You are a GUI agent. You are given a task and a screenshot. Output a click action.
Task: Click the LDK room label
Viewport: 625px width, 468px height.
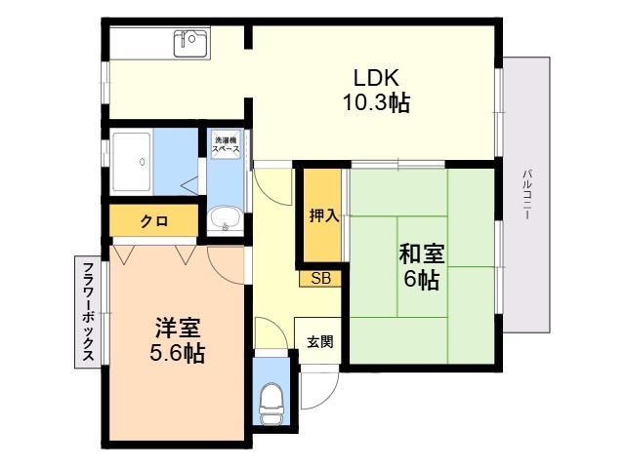376,78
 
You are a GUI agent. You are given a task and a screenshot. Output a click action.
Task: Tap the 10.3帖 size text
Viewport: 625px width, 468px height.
376,103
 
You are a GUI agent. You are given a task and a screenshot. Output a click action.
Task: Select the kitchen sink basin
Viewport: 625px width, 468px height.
191,43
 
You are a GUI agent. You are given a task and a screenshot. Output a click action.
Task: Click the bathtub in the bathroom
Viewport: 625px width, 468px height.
132,162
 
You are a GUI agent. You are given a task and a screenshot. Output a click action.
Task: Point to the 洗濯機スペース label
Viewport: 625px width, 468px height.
226,145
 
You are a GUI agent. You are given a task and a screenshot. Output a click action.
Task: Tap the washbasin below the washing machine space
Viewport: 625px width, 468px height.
225,219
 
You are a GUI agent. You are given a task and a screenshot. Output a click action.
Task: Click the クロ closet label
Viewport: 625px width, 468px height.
154,221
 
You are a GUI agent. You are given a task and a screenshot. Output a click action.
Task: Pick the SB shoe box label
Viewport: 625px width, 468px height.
321,278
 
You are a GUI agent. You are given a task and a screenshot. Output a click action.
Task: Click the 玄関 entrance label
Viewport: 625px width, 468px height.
319,341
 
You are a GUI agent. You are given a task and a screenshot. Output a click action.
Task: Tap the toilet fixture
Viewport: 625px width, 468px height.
271,403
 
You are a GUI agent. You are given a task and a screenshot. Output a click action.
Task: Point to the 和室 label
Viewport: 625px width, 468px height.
421,254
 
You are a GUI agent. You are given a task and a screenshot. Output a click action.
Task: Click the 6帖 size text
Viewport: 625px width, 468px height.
422,280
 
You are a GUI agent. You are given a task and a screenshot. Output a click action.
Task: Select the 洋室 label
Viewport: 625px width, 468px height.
178,328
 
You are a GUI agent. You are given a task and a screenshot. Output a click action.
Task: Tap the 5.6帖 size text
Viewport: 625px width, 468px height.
178,353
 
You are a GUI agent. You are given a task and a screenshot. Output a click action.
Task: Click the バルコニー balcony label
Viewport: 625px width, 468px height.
526,195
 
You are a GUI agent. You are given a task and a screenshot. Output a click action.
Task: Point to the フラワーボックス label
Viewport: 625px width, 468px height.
88,312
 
